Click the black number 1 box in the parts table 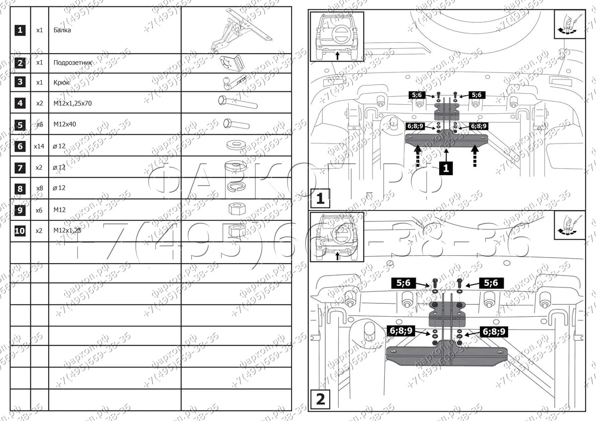(20, 30)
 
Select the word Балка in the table (62, 30)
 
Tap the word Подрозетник (73, 63)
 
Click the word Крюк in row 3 (62, 82)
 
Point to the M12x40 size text (65, 125)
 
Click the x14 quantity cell (39, 146)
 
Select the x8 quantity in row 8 (39, 188)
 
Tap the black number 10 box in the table (20, 231)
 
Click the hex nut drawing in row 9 (235, 209)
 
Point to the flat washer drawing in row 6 (236, 145)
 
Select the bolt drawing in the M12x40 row (236, 124)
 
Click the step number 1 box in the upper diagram (320, 199)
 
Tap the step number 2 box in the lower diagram (320, 399)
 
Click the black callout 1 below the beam (446, 168)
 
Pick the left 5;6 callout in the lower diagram (403, 283)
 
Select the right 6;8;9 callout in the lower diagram (492, 331)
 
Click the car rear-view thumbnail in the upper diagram (337, 36)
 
